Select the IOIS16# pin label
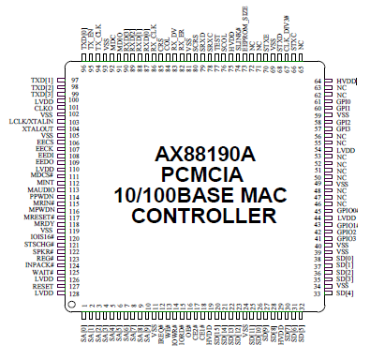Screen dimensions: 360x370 pyautogui.click(x=39, y=238)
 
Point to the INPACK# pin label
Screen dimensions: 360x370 pyautogui.click(x=38, y=265)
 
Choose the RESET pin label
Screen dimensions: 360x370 pyautogui.click(x=42, y=286)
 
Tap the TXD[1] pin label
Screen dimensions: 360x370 pyautogui.click(x=42, y=81)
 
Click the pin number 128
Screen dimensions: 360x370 pyautogui.click(x=74, y=293)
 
